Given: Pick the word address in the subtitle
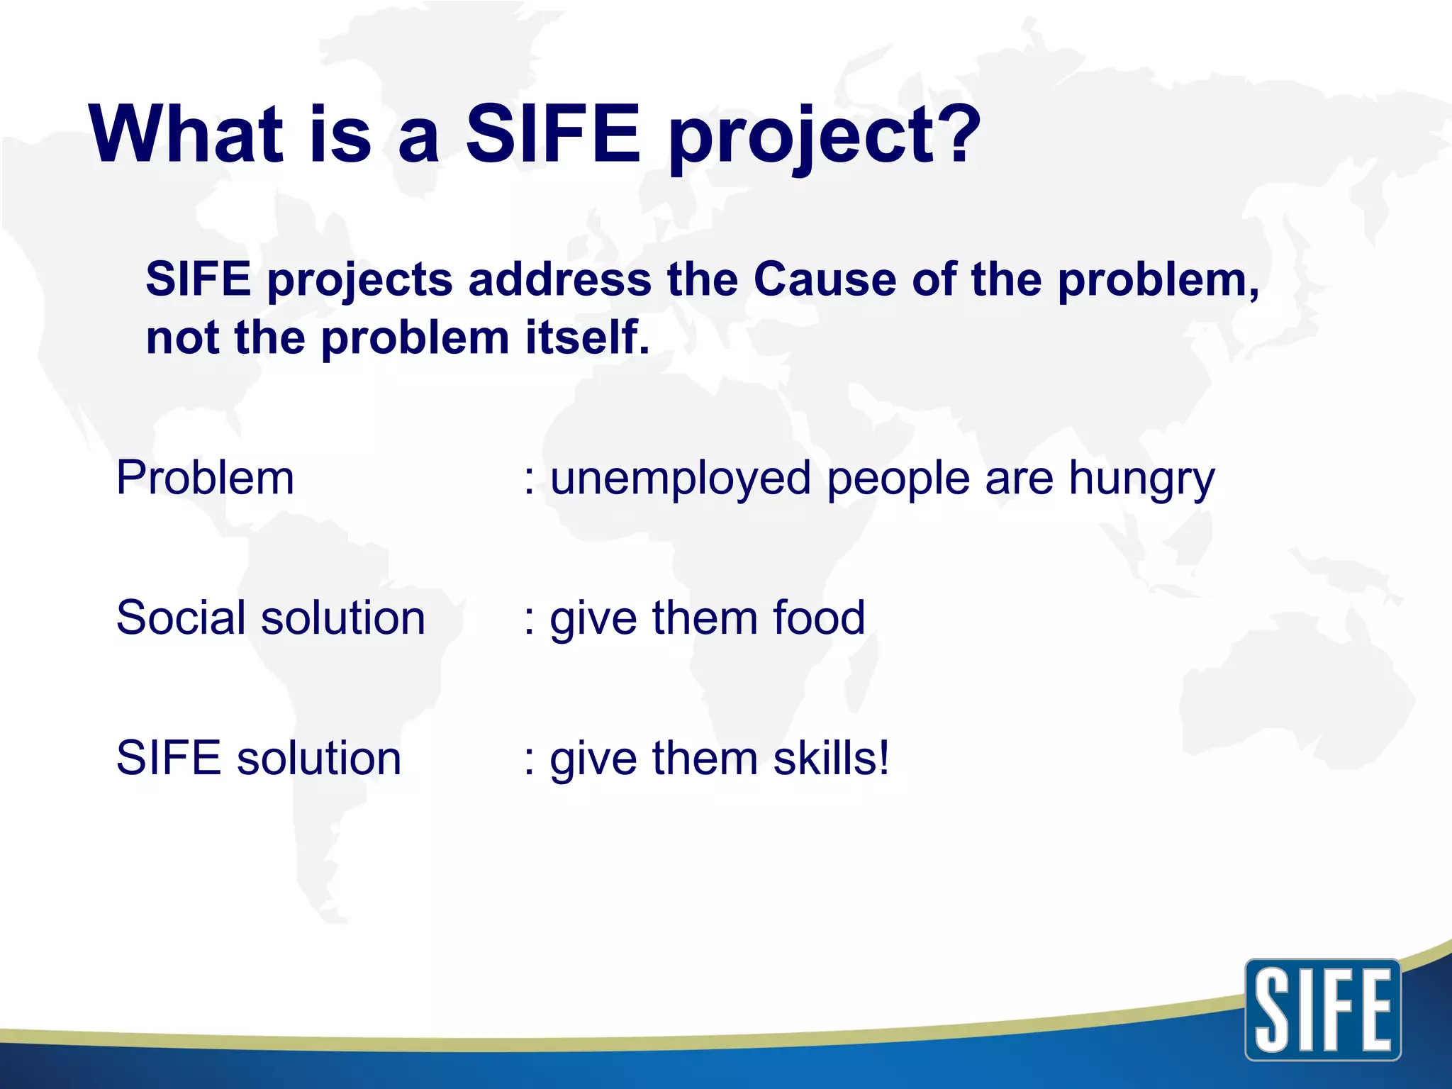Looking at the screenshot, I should (559, 279).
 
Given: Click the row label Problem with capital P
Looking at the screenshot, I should (205, 477).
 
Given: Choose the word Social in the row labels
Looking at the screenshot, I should (181, 618).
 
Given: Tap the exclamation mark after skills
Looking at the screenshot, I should (883, 757).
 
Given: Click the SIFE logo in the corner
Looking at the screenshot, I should (1322, 1010).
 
